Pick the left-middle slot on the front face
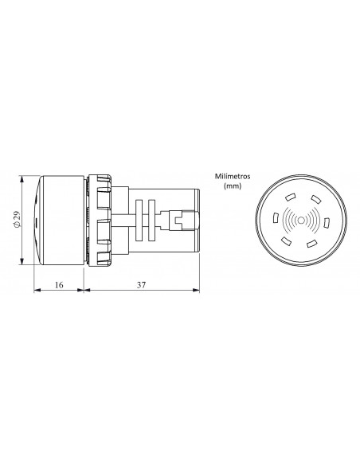point(275,217)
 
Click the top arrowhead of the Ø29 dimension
point(22,181)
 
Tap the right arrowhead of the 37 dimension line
point(197,291)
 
